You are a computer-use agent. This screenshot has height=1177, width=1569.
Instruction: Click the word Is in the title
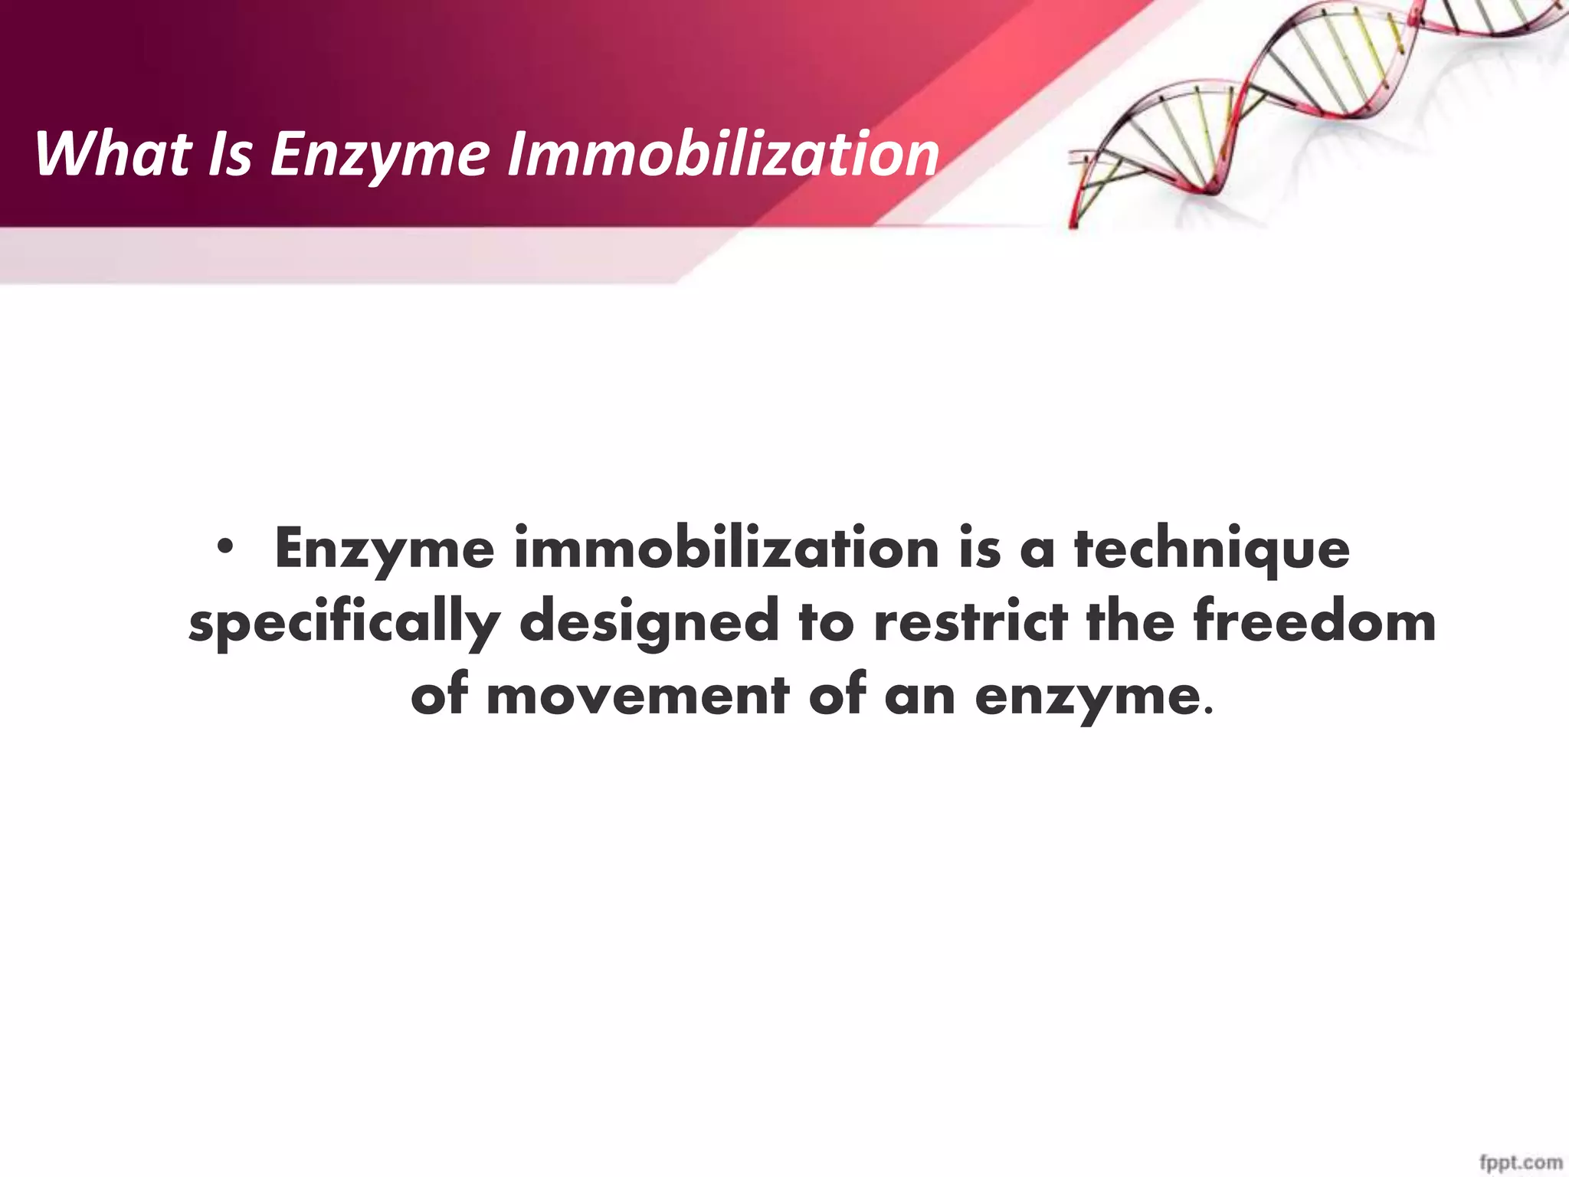(230, 154)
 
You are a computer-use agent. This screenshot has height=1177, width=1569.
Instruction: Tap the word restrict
(971, 621)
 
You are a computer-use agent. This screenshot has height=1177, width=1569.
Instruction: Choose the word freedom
(1314, 621)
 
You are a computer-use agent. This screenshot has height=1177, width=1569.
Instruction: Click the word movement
(637, 696)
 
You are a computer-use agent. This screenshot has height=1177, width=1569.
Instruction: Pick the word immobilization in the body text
(726, 549)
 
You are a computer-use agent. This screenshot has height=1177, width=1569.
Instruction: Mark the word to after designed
(826, 621)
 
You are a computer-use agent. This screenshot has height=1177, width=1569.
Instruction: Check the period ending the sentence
(1209, 712)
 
